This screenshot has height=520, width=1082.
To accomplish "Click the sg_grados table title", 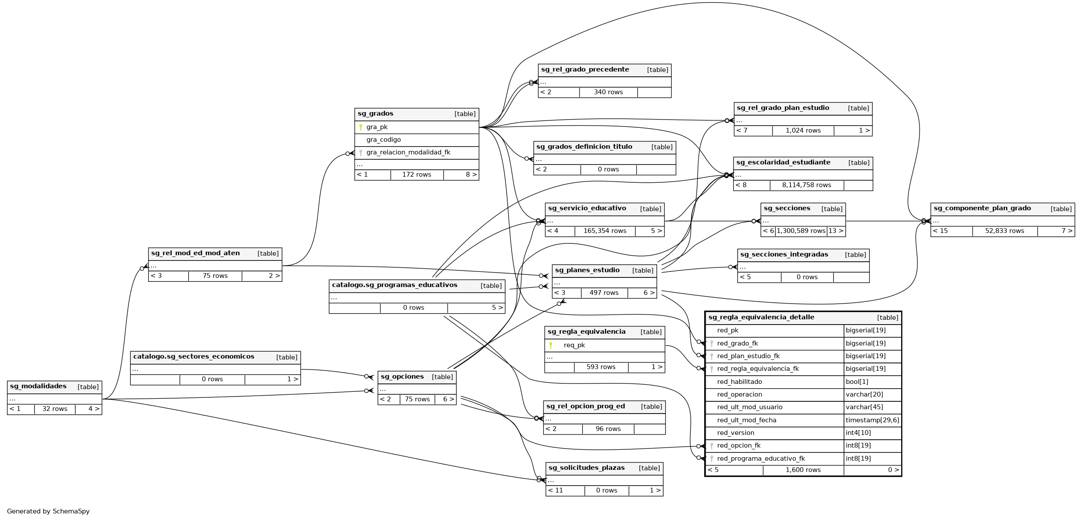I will [x=376, y=114].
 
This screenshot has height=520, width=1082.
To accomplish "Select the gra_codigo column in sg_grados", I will [x=383, y=140].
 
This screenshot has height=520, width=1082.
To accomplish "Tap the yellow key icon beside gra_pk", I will [x=361, y=127].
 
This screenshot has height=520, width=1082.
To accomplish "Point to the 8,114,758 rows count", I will [x=806, y=185].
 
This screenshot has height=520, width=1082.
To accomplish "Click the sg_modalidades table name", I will [x=38, y=387].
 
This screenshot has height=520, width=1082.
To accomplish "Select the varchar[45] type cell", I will [x=864, y=407].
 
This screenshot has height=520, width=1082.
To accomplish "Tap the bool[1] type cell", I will [x=857, y=382].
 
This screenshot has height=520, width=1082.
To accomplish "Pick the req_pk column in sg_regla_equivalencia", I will [x=574, y=346].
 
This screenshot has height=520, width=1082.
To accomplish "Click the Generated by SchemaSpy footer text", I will [x=48, y=511].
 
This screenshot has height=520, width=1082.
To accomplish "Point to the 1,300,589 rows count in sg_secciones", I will [x=800, y=231].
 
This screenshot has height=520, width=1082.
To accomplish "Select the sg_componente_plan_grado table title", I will [x=982, y=209].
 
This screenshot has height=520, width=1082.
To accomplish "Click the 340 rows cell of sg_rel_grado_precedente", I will [x=608, y=92].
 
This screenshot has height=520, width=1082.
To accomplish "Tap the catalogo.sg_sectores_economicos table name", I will [x=193, y=357].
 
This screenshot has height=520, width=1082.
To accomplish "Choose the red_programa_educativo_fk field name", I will [x=761, y=459].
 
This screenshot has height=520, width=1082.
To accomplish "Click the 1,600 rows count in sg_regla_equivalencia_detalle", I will [x=803, y=470].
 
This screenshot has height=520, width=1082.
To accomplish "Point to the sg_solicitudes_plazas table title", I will [x=586, y=468].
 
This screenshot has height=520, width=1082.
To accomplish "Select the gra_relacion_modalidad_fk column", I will [x=408, y=153].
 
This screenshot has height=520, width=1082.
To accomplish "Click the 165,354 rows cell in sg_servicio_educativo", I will [x=604, y=231].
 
